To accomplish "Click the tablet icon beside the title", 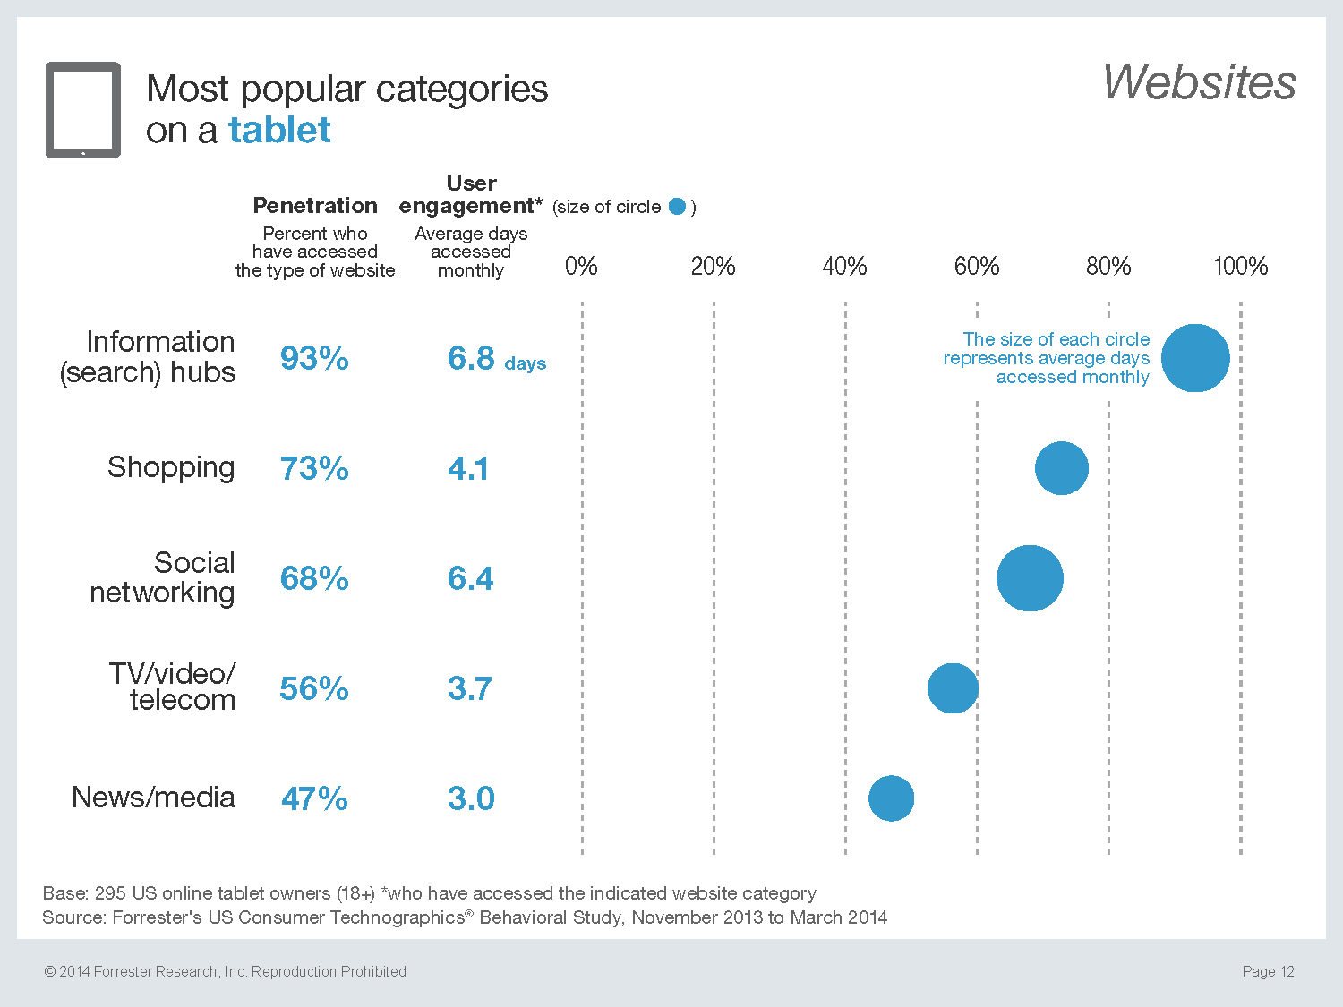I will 83,110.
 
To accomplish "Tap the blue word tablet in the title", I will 279,131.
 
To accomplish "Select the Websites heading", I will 1199,82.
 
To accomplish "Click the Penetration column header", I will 315,206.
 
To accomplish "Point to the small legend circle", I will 678,207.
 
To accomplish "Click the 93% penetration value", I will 314,358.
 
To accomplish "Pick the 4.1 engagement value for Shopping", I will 468,468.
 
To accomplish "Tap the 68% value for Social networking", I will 314,578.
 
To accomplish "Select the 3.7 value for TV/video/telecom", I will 470,688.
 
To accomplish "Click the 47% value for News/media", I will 314,798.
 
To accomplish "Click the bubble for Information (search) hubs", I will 1195,358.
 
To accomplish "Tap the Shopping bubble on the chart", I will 1062,468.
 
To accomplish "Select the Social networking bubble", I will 1030,578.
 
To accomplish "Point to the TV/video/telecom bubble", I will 953,688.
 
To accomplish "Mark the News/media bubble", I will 892,798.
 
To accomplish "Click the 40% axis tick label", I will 844,266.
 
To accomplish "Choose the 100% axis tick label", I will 1240,266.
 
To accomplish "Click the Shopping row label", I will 171,467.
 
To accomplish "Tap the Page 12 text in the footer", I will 1268,971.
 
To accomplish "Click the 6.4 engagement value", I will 470,578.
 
